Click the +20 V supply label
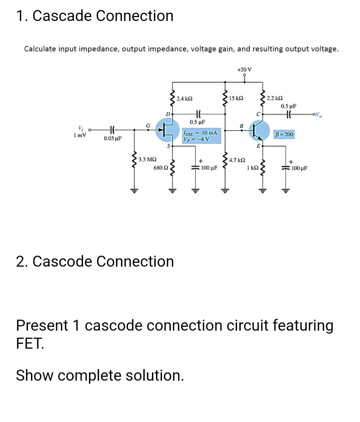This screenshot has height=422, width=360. point(244,69)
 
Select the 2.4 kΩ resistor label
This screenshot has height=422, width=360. point(184,99)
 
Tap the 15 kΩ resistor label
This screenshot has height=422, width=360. point(236,98)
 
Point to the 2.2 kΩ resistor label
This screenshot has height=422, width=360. point(275,98)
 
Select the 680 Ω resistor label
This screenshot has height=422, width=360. point(161,168)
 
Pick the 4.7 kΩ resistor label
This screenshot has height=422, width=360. point(237,160)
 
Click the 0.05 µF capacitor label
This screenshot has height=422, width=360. point(113,138)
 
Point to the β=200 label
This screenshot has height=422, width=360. point(284,134)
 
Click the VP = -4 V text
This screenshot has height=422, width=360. point(196,139)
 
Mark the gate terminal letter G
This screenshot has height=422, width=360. point(148,125)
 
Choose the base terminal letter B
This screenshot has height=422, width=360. point(242,125)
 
